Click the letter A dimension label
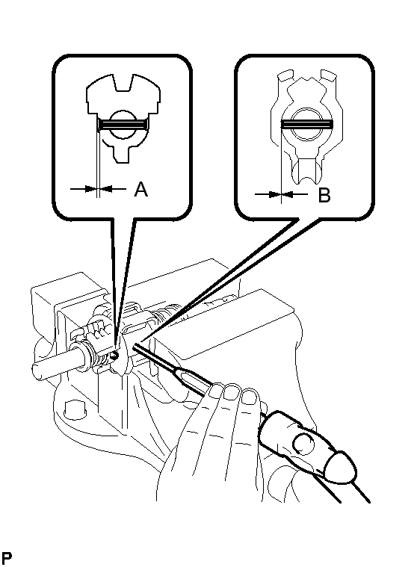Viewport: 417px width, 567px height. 140,189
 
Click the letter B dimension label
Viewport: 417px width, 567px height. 324,195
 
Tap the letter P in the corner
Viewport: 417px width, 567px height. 7,558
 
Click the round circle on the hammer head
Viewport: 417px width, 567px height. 303,443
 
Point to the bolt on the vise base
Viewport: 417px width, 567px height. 75,409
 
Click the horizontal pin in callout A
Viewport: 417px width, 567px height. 123,125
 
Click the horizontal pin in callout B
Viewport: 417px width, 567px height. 306,125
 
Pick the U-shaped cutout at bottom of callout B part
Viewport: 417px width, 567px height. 306,173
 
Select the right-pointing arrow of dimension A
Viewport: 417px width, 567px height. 84,188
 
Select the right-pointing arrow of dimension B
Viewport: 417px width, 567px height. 268,194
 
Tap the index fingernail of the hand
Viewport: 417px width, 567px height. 216,390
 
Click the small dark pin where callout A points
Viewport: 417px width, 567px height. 115,356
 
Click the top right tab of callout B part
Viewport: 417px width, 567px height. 329,75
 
